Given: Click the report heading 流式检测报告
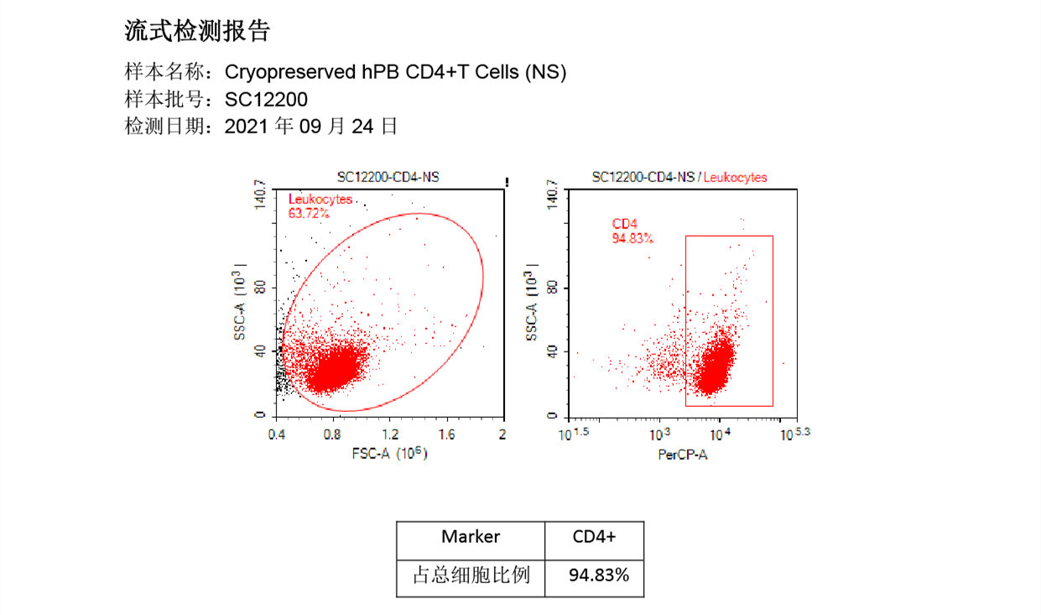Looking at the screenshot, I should click(x=197, y=32).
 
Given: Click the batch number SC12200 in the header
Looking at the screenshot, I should click(x=267, y=100).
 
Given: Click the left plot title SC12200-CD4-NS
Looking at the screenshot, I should click(x=388, y=177).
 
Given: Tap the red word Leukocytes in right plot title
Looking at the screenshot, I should click(x=736, y=177).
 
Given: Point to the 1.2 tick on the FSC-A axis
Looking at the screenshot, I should click(x=390, y=435).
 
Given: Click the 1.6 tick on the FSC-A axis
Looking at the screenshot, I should click(x=446, y=435).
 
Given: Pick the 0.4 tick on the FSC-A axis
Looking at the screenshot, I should click(x=276, y=435).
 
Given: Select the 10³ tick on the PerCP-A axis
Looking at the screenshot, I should click(x=662, y=435).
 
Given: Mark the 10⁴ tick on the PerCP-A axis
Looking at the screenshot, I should click(x=721, y=435).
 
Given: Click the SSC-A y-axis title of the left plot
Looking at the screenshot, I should click(x=241, y=307).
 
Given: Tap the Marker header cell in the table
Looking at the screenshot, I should click(x=471, y=537).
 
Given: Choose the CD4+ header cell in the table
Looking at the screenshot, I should click(x=594, y=537).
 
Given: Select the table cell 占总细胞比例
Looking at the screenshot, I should click(x=471, y=576).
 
